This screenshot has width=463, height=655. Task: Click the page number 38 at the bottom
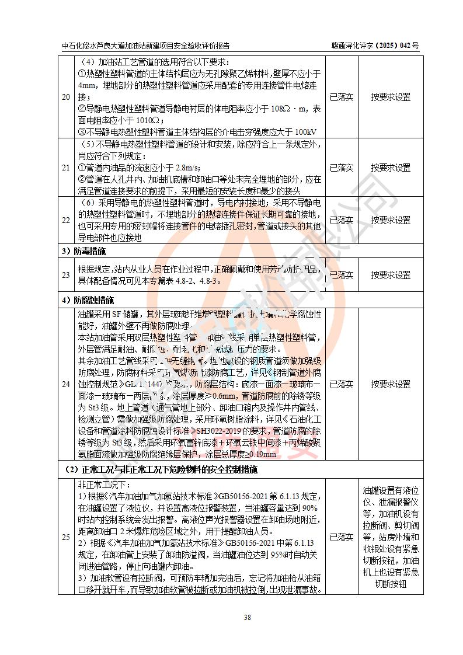231,618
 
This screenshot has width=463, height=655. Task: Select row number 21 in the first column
66,168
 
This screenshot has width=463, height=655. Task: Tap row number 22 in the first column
66,221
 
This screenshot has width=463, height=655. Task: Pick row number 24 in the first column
66,384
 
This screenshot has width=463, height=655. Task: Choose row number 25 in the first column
66,537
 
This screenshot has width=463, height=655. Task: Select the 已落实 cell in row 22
342,221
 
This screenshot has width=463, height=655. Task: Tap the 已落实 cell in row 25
342,537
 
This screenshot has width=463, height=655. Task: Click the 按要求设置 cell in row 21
391,168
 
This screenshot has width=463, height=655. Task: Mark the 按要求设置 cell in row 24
391,384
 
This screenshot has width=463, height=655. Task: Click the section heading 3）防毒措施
84,252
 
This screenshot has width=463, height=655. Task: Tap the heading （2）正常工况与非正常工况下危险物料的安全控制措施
161,469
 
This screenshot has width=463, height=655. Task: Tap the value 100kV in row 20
306,132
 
